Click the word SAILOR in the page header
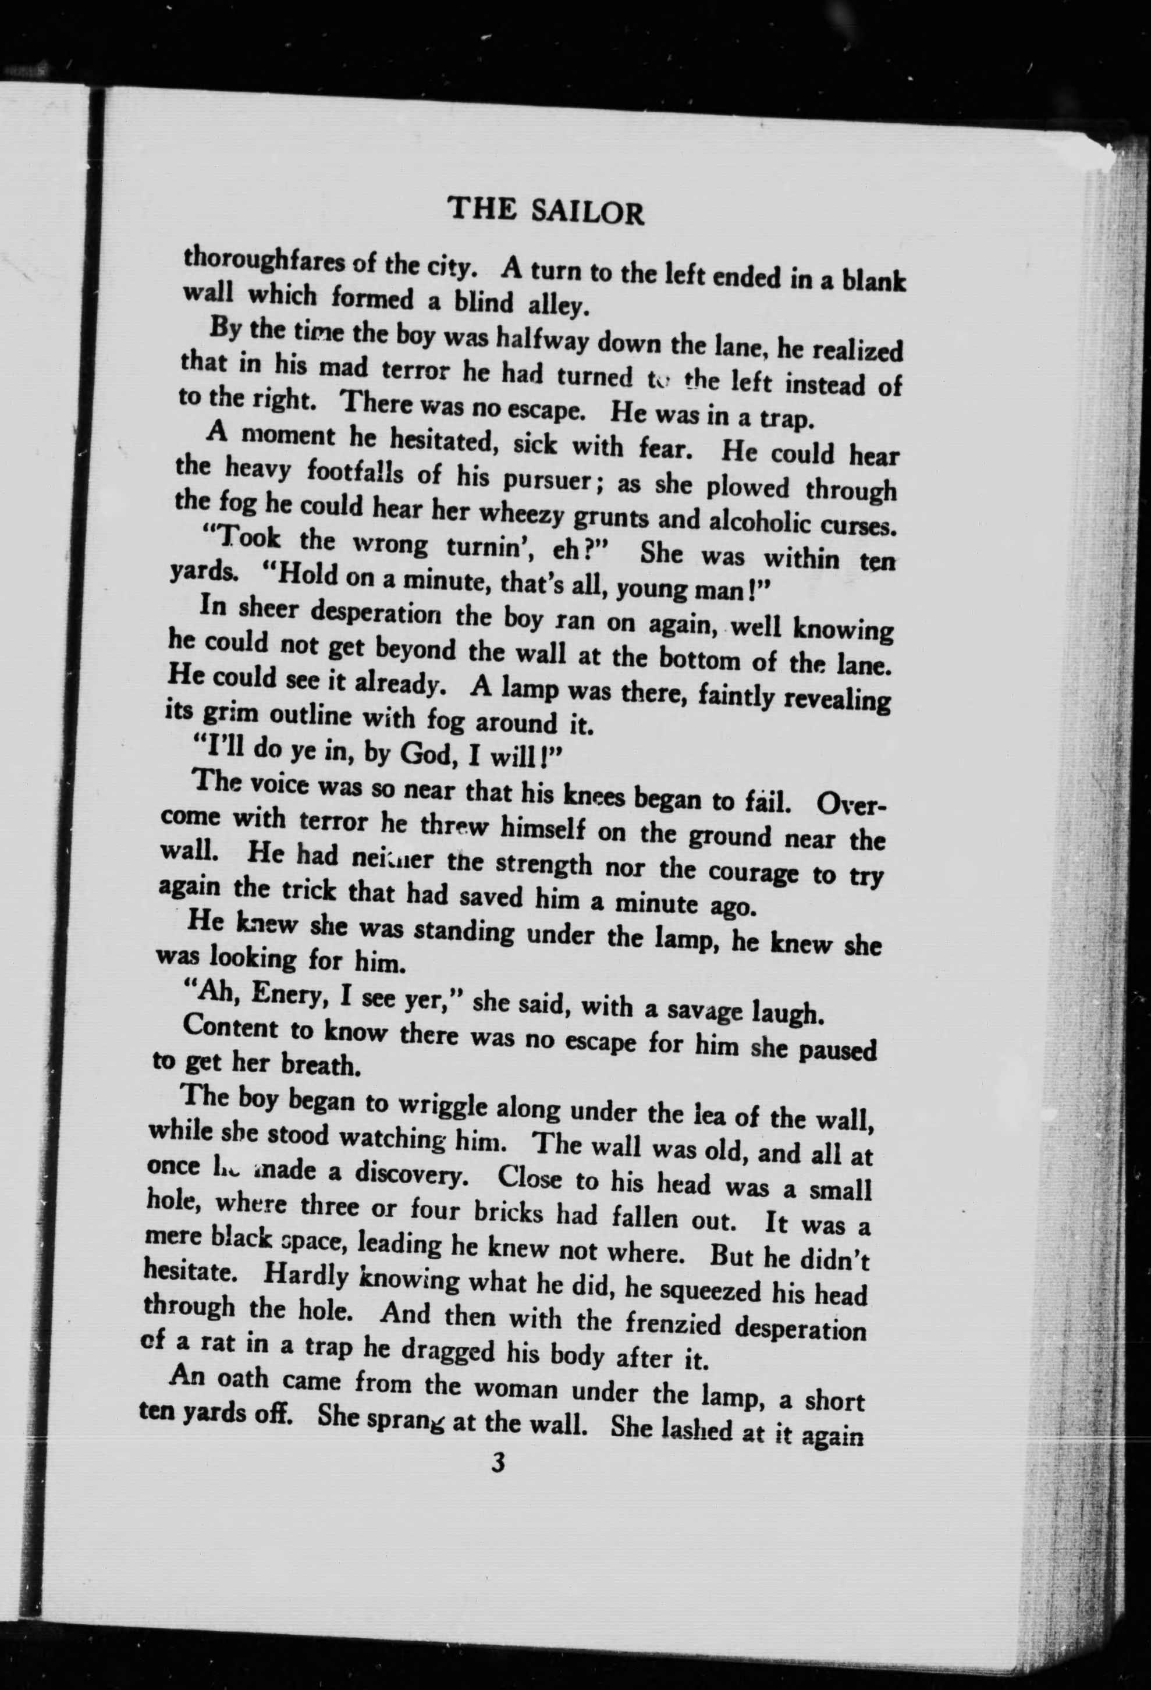pyautogui.click(x=588, y=212)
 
